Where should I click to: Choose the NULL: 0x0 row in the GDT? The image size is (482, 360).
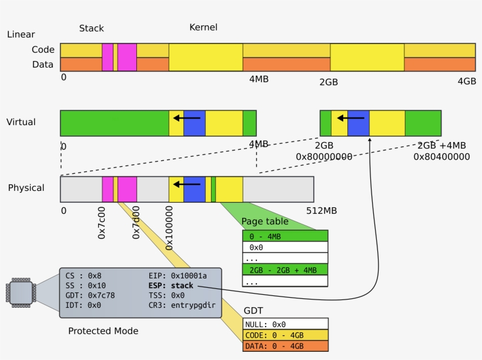285,324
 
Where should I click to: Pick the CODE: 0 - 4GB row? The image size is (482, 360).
285,335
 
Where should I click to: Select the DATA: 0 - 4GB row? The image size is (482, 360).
285,346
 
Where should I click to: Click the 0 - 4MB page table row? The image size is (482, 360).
285,236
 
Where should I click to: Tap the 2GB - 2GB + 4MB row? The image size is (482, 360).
285,270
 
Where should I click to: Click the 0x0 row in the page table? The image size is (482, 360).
285,247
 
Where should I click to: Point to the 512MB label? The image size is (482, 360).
322,210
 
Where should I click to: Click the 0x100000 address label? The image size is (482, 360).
169,228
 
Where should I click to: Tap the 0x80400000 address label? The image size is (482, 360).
441,157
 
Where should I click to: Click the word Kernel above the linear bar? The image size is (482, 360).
203,28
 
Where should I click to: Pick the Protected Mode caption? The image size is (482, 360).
103,331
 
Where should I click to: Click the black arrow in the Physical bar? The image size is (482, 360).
188,184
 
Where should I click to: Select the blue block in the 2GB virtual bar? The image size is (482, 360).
358,123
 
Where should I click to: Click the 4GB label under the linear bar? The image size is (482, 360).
467,81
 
